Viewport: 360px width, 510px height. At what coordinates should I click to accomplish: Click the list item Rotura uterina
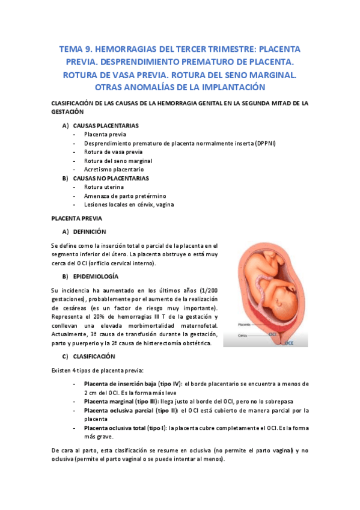104,187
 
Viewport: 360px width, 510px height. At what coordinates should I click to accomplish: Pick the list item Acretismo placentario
114,170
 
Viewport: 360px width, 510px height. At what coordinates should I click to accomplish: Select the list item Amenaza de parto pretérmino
125,196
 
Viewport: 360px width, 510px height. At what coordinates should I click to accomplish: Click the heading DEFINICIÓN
90,232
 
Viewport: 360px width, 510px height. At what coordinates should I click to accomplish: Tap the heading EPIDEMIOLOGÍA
95,276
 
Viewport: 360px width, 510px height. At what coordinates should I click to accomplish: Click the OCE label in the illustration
288,343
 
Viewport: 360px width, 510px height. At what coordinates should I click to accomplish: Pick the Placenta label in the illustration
245,324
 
